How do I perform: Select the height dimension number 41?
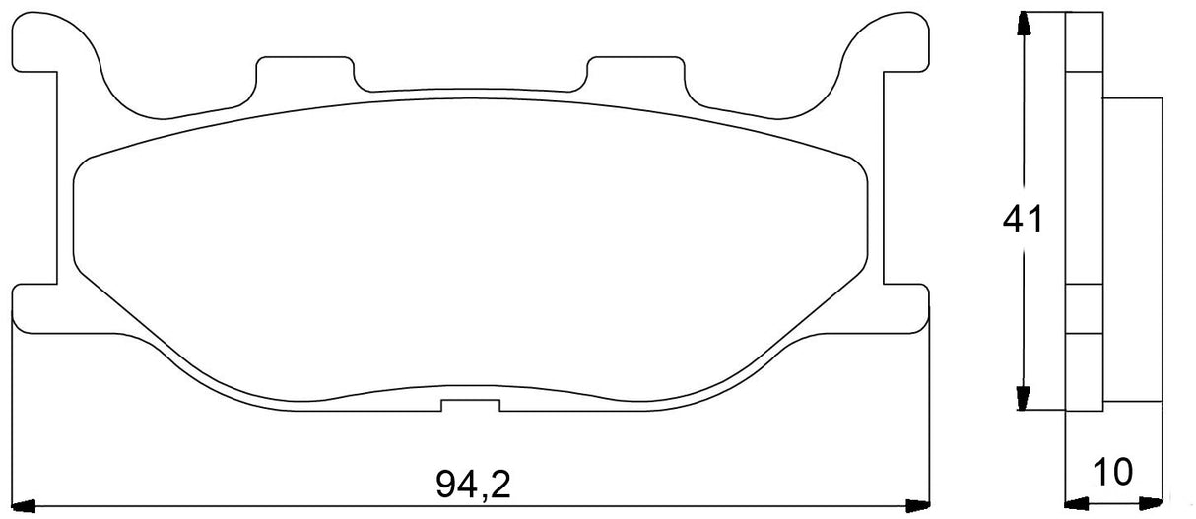(x=1023, y=222)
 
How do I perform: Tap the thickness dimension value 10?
(x=1114, y=472)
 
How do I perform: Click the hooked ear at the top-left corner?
(x=59, y=44)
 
